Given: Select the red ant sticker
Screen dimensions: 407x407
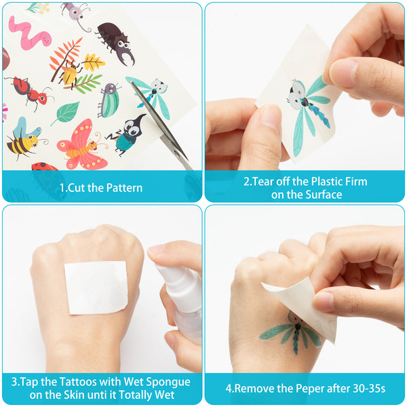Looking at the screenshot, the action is point(29,93).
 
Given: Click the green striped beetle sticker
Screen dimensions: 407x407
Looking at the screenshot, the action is point(109,100).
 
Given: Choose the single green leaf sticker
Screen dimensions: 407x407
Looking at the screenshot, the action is point(66,113).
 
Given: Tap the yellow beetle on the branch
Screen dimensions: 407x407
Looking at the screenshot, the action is point(70,74).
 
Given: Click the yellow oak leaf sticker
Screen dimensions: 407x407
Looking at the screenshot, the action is point(94,62).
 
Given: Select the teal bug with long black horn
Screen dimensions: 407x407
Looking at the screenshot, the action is point(127,135).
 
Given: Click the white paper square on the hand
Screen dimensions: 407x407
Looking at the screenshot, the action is point(96,288).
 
